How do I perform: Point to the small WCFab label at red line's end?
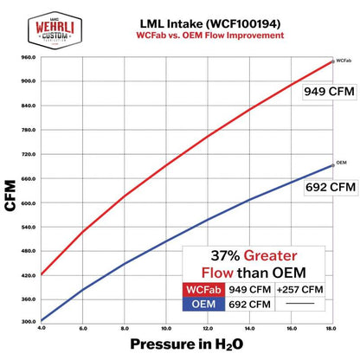(344, 61)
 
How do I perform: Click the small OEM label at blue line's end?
(342, 163)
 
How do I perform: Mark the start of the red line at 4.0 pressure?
(42, 274)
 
